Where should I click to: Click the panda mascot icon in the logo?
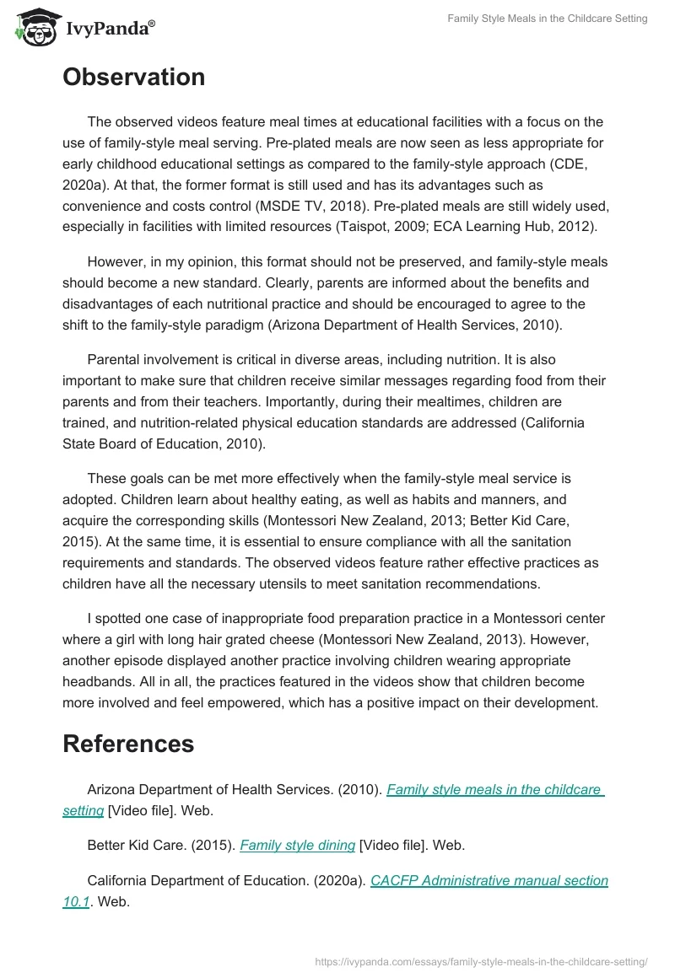tap(35, 27)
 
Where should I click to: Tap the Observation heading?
tap(133, 78)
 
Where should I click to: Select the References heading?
tap(128, 744)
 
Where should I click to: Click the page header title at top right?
tap(548, 19)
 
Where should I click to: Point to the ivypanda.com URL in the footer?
tap(481, 961)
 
